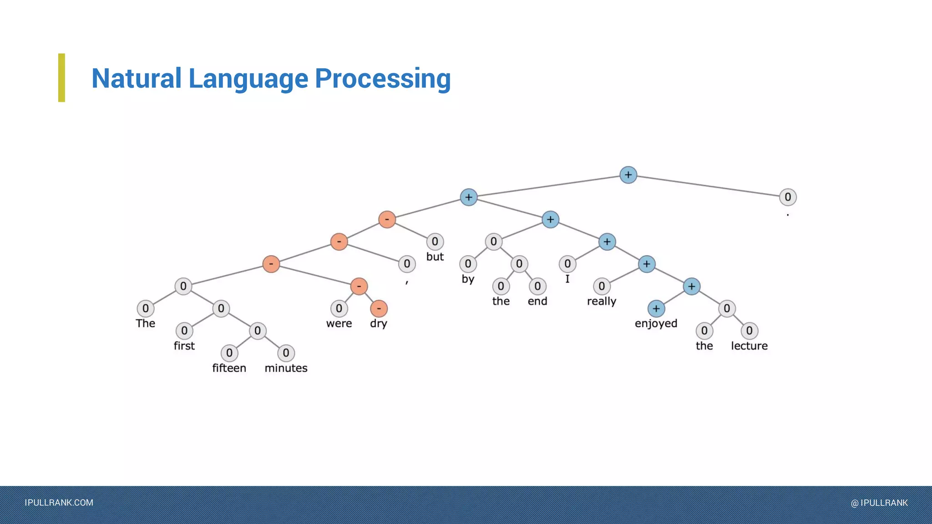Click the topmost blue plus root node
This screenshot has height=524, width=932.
(628, 175)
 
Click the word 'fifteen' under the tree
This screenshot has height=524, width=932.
(229, 368)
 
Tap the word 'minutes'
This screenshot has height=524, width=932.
(286, 368)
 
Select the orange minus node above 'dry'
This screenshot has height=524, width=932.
(379, 308)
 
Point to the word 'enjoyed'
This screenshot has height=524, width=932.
(656, 323)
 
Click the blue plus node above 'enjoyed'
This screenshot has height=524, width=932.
(656, 308)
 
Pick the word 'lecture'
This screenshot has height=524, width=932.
(749, 346)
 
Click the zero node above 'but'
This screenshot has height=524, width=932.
(435, 242)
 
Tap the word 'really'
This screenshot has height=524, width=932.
(601, 301)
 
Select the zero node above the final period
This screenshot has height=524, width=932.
(788, 197)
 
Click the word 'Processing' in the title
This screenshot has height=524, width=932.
(383, 78)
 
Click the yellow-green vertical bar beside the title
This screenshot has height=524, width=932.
(61, 78)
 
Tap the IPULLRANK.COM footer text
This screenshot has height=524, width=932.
(59, 503)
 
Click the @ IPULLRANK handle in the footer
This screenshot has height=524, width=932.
(879, 503)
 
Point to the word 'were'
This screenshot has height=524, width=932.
(339, 323)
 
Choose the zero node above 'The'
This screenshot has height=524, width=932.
(145, 308)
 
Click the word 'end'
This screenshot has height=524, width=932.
(537, 301)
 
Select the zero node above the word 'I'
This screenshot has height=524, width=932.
(567, 264)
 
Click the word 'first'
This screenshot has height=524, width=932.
(184, 346)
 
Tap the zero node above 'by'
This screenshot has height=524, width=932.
(468, 264)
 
